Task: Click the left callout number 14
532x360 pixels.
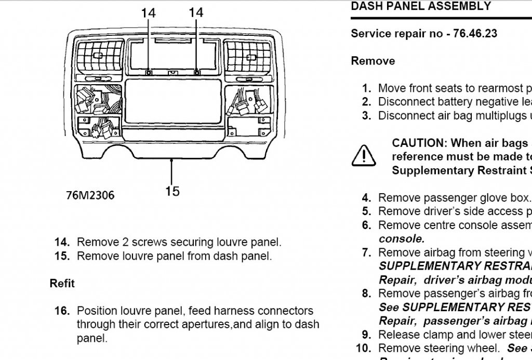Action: [149, 12]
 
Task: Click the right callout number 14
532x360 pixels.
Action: [196, 12]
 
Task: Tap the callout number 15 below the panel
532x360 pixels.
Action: [172, 191]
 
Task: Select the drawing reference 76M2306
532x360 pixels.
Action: [90, 195]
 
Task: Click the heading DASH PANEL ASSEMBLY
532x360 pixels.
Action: [421, 7]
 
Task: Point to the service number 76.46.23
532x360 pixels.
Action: [475, 34]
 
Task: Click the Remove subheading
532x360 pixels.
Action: [373, 61]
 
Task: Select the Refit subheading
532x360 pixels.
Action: [62, 284]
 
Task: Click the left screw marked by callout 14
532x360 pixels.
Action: [149, 73]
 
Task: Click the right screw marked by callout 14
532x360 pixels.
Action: [196, 73]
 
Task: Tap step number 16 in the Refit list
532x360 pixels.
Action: [62, 311]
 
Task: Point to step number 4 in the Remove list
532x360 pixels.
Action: [367, 198]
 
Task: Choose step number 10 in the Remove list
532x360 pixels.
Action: [364, 348]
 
